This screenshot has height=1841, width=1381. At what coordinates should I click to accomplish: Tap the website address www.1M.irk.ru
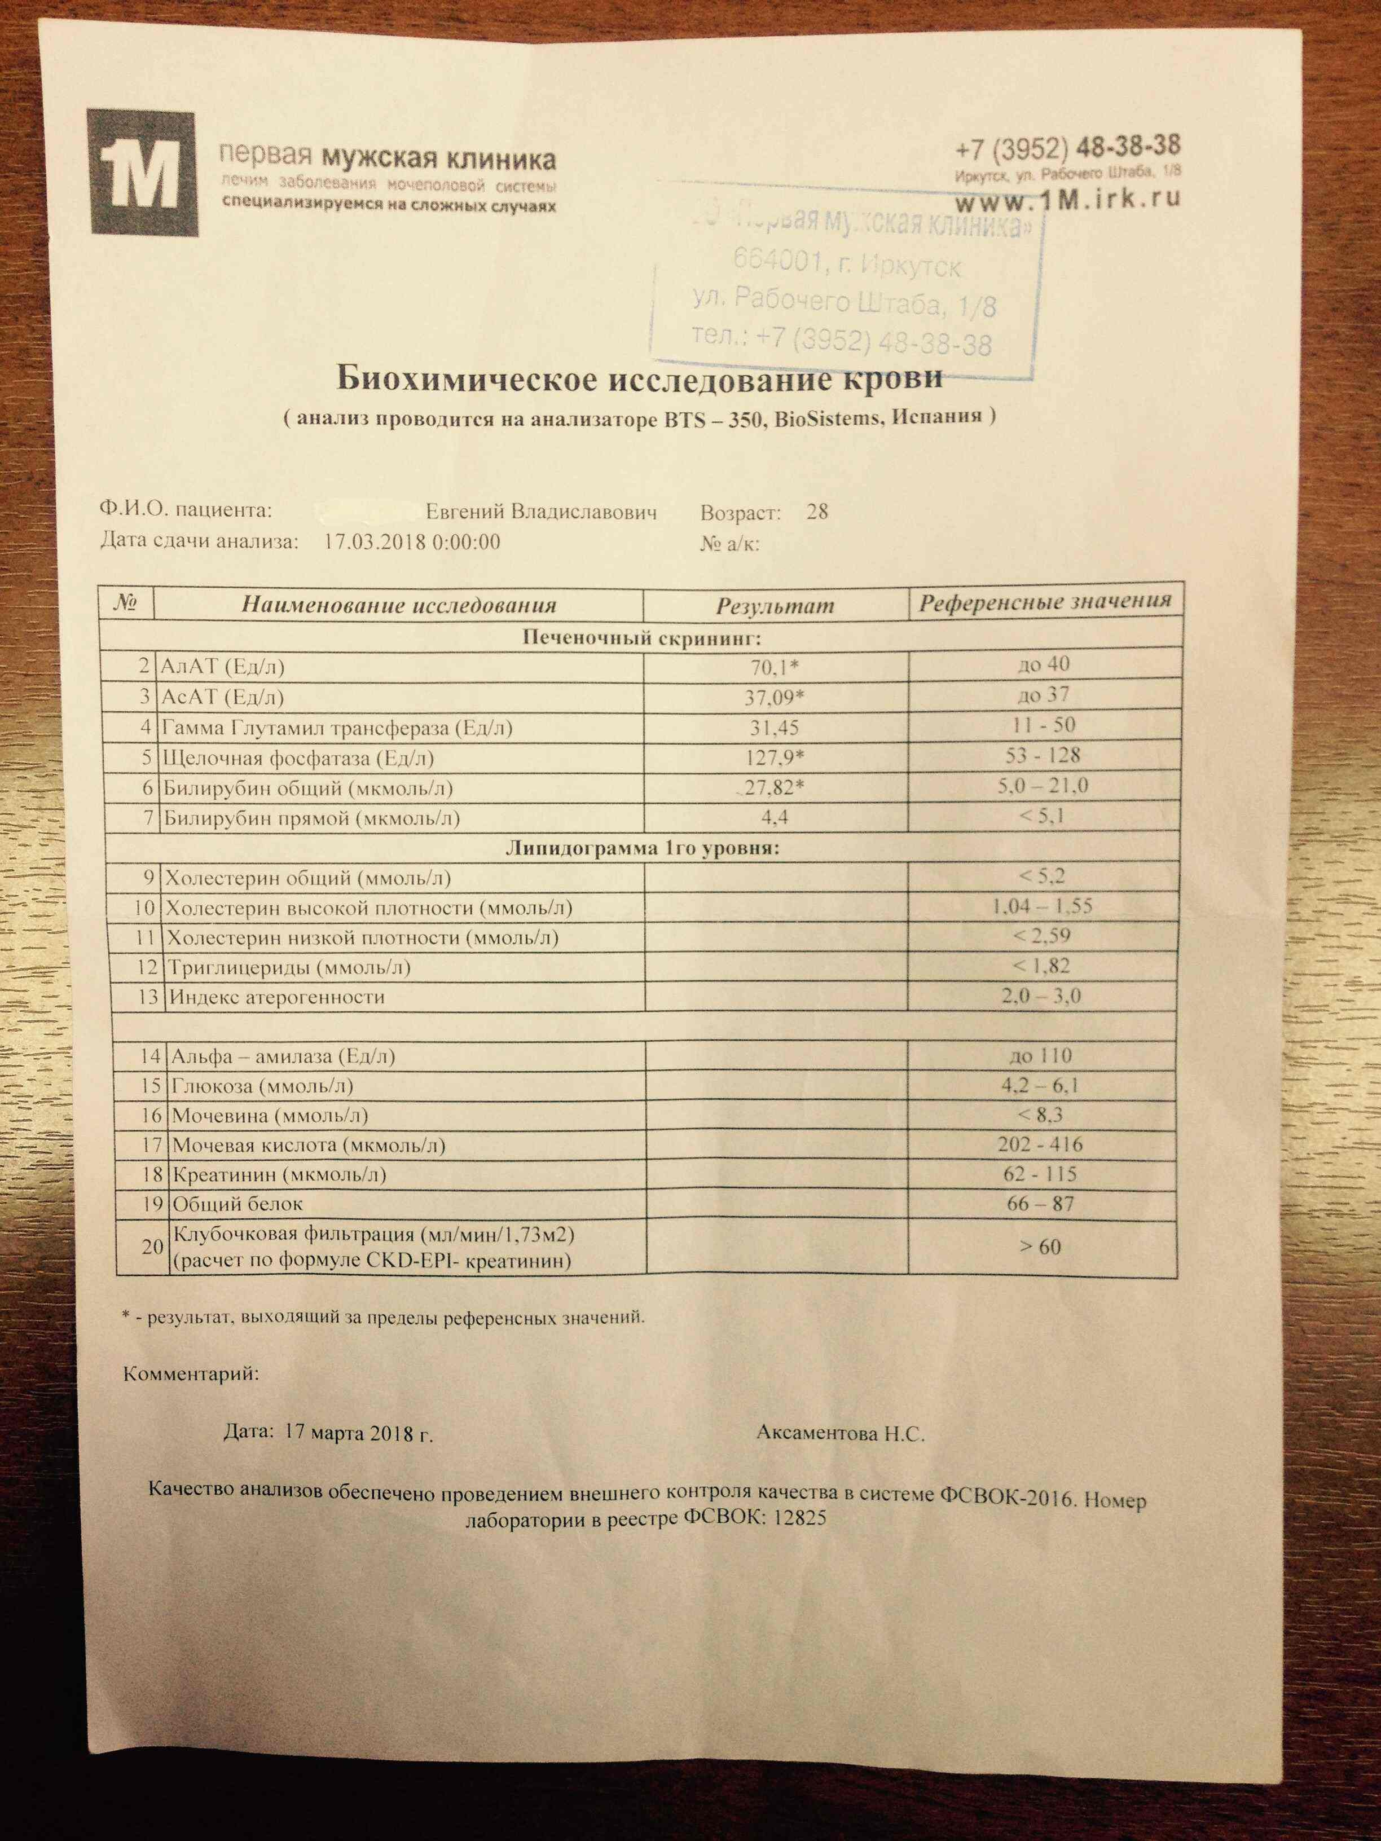pyautogui.click(x=1067, y=200)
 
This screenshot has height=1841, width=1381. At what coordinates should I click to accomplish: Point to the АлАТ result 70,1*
pyautogui.click(x=774, y=667)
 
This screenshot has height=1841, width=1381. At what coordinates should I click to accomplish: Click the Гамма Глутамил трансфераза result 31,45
pyautogui.click(x=774, y=728)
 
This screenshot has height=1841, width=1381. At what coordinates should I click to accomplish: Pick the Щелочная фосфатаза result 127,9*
pyautogui.click(x=774, y=758)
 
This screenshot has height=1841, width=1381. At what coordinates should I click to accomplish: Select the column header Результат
pyautogui.click(x=774, y=605)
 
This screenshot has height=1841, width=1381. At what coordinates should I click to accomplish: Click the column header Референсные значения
pyautogui.click(x=1045, y=602)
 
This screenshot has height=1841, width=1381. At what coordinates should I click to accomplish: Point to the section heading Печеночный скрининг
pyautogui.click(x=642, y=638)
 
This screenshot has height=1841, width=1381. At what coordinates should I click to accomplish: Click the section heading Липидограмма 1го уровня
pyautogui.click(x=642, y=848)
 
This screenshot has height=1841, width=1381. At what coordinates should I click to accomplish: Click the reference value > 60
pyautogui.click(x=1040, y=1247)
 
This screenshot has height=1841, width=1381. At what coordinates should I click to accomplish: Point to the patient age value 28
pyautogui.click(x=817, y=512)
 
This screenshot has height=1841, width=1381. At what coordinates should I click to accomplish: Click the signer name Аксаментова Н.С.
pyautogui.click(x=841, y=1433)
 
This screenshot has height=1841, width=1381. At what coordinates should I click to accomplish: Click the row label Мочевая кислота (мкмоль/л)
pyautogui.click(x=308, y=1145)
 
